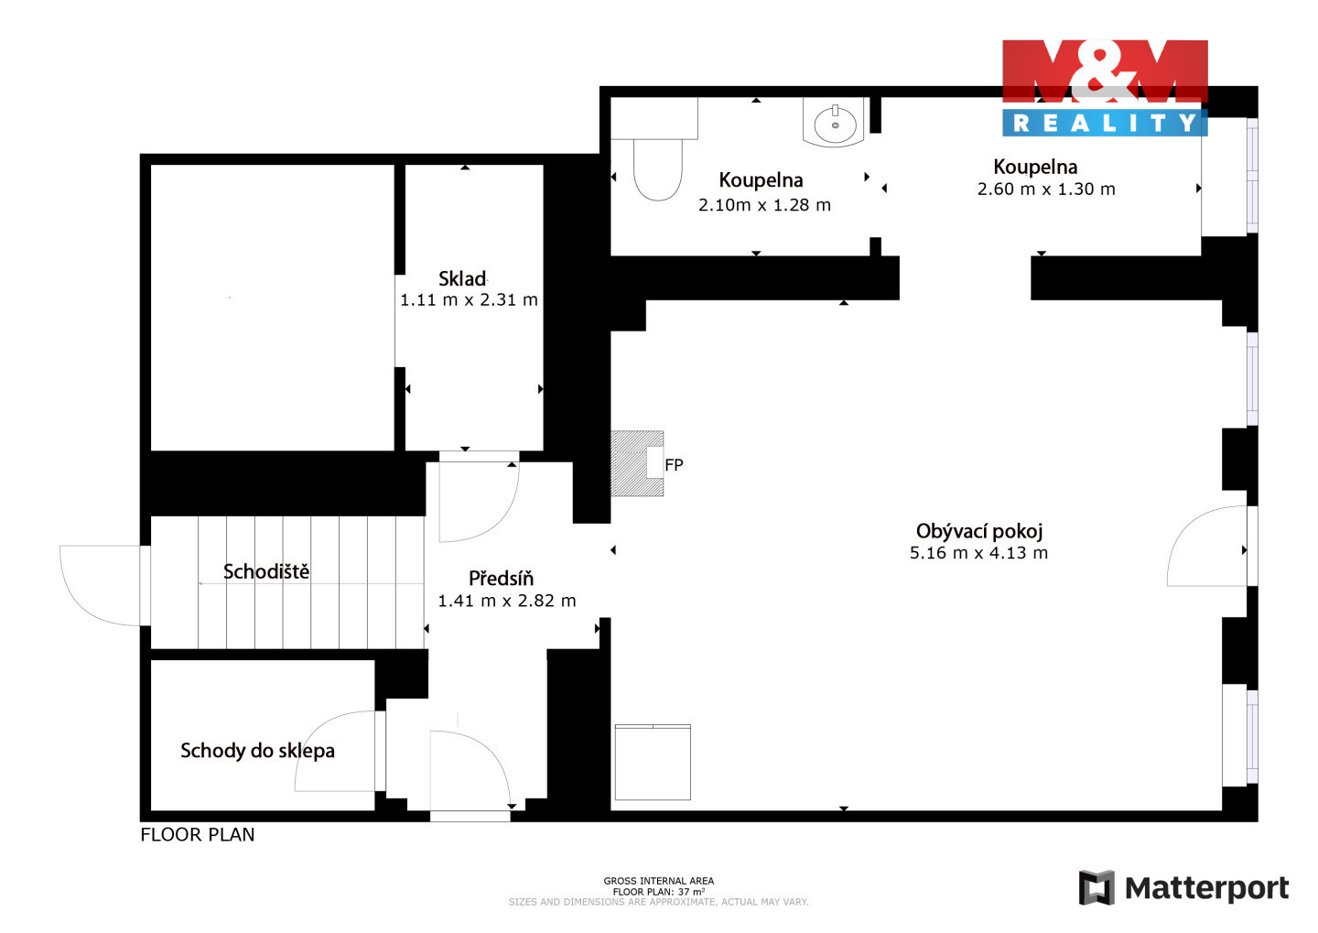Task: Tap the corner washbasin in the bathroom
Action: point(835,123)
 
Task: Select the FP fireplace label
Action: point(674,465)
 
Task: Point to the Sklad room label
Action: point(462,278)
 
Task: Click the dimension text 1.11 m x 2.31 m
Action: point(469,299)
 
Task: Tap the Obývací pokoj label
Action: point(979,531)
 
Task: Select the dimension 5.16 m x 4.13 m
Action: point(978,553)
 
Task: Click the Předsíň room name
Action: point(501,578)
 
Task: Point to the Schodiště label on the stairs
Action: point(266,571)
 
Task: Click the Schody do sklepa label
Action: point(257,751)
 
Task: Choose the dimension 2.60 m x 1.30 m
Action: point(1046,189)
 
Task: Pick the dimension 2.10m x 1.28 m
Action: point(764,205)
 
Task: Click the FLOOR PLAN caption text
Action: point(197,835)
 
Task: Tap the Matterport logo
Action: point(1183,887)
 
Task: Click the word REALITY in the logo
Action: point(1105,123)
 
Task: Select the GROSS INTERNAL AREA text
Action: point(658,881)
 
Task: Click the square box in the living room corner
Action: point(653,763)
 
